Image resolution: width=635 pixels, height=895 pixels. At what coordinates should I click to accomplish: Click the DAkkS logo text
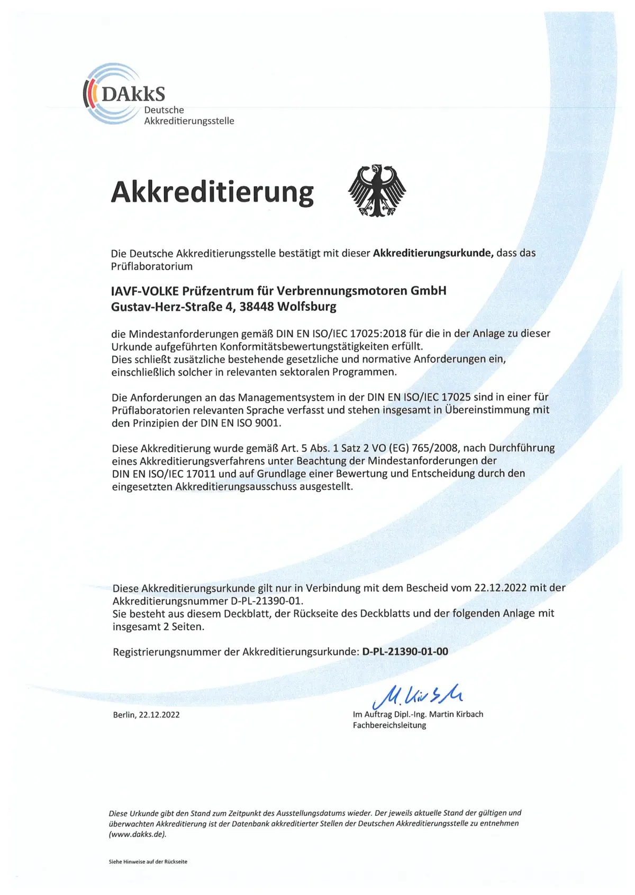pos(133,94)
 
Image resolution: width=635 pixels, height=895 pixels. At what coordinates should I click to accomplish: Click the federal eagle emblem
pos(377,190)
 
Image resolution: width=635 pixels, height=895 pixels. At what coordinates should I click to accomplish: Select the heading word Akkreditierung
pos(212,192)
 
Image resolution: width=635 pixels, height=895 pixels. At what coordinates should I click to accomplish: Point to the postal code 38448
pos(256,307)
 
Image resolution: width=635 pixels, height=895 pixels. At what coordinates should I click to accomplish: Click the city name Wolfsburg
pos(307,307)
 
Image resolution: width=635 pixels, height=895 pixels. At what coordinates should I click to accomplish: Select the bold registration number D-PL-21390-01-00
pos(405,652)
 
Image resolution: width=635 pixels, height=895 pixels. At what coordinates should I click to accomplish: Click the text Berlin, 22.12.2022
pos(146,715)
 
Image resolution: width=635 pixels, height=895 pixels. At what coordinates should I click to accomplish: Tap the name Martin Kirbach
pos(456,714)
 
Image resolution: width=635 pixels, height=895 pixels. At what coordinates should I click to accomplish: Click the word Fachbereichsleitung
pos(389,725)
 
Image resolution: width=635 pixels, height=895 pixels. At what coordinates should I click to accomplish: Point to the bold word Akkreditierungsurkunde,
pos(433,253)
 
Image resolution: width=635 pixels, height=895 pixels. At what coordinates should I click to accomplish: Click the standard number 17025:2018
pos(362,334)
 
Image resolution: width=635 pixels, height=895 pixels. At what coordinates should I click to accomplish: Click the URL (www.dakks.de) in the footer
pos(138,834)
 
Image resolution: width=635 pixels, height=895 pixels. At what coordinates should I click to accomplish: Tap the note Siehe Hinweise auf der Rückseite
pos(148,862)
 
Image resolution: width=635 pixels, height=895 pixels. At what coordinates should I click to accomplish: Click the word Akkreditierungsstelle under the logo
pos(189,121)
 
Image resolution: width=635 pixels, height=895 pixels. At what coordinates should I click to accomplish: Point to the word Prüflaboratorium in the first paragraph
pos(151,266)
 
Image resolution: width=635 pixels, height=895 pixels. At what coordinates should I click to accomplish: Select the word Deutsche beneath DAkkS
pos(164,110)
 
